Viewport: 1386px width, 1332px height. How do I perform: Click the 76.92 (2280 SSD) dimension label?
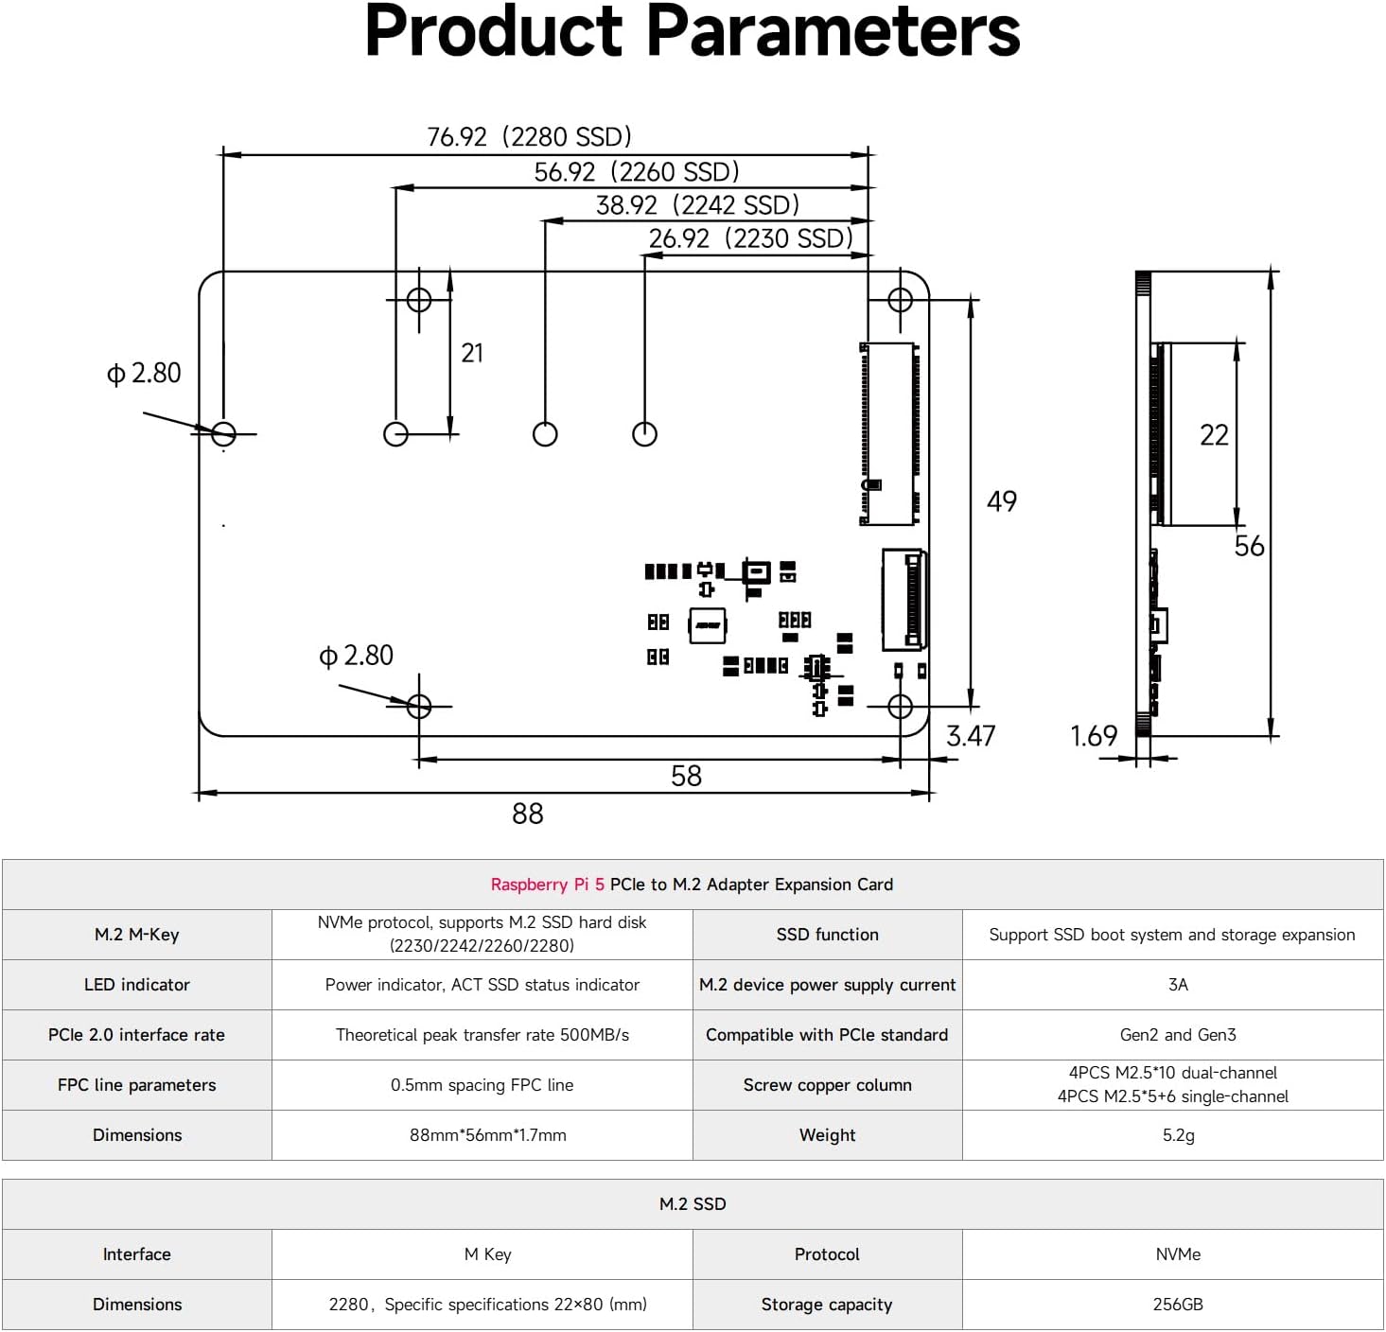pyautogui.click(x=529, y=137)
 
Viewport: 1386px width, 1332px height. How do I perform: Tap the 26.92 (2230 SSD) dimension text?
pyautogui.click(x=750, y=238)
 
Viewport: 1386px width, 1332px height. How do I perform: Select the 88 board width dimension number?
pyautogui.click(x=527, y=814)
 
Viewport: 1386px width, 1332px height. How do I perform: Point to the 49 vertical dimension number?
pyautogui.click(x=1001, y=501)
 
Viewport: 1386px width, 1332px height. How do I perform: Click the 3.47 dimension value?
pyautogui.click(x=971, y=736)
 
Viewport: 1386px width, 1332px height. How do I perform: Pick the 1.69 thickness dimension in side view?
pyautogui.click(x=1093, y=736)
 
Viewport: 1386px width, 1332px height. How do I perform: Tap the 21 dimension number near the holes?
pyautogui.click(x=472, y=353)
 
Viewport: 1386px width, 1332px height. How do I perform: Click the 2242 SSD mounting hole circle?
pyautogui.click(x=545, y=434)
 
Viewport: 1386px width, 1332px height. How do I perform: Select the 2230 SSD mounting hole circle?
pyautogui.click(x=644, y=434)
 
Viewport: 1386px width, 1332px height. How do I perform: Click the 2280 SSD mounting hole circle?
pyautogui.click(x=223, y=434)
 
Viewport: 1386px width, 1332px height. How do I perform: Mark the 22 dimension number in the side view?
pyautogui.click(x=1214, y=435)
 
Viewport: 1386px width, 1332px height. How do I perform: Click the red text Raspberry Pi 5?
pyautogui.click(x=547, y=885)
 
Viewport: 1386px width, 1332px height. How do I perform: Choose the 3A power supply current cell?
pyautogui.click(x=1178, y=985)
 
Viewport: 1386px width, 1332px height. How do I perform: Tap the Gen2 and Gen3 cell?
pyautogui.click(x=1178, y=1035)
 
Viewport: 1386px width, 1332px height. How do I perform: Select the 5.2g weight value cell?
pyautogui.click(x=1178, y=1135)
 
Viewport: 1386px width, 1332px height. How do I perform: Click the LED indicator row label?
pyautogui.click(x=137, y=985)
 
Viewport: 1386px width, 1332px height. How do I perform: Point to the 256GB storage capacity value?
pyautogui.click(x=1178, y=1305)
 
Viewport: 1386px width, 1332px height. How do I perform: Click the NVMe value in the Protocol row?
pyautogui.click(x=1178, y=1254)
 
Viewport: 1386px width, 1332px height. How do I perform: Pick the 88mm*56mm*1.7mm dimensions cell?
pyautogui.click(x=487, y=1135)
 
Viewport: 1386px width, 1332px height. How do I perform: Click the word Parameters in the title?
pyautogui.click(x=833, y=32)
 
